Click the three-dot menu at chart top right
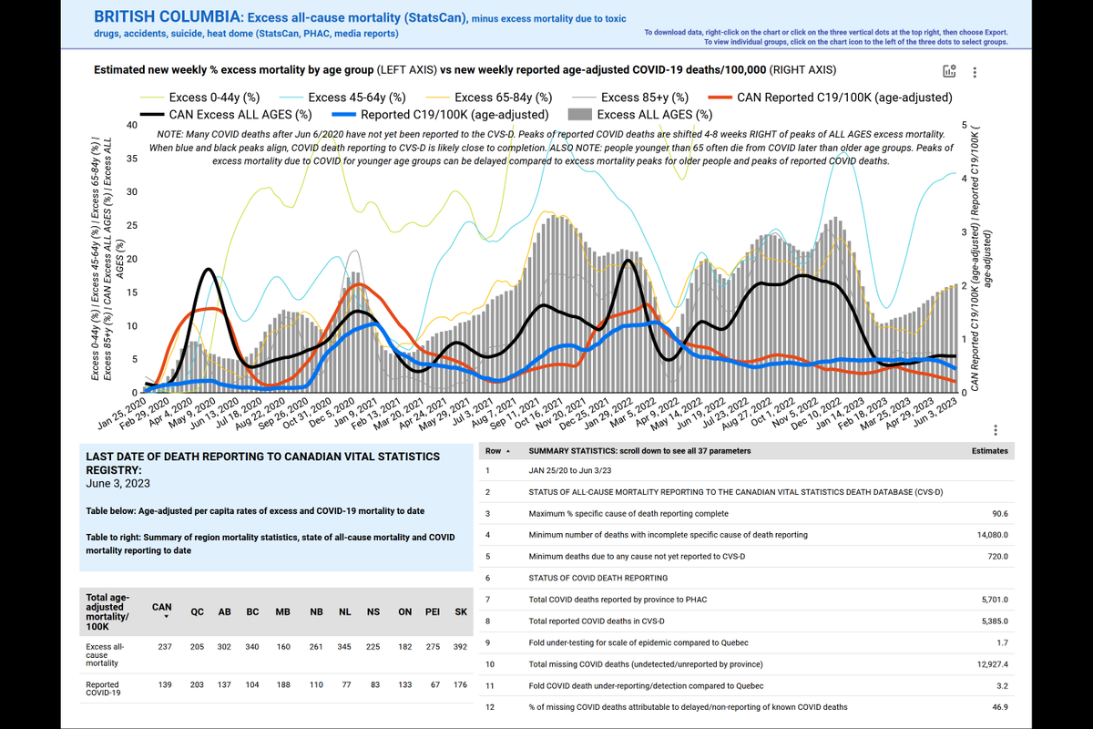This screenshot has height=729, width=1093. tap(976, 73)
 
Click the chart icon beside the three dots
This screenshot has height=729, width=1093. tap(949, 73)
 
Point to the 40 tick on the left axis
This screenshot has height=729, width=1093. tap(132, 125)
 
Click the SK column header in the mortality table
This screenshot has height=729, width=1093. tap(460, 612)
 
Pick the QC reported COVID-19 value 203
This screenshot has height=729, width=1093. tap(197, 684)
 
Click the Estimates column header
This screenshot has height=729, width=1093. tap(990, 450)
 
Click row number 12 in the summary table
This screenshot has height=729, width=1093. tap(489, 707)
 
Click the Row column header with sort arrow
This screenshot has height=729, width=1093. tap(497, 450)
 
